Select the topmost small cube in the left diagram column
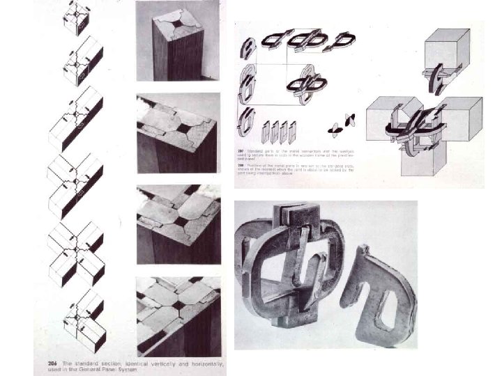point(77,19)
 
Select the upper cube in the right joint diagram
point(446,52)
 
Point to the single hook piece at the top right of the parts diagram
point(343,40)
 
